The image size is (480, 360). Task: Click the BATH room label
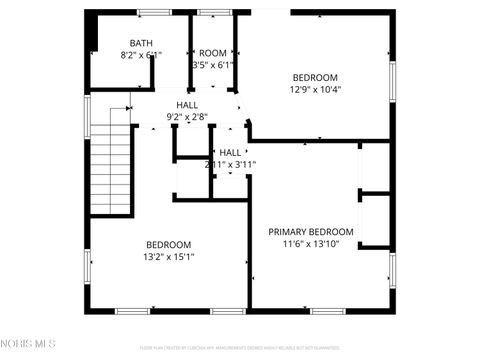click(141, 43)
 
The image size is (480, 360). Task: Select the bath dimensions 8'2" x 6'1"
click(141, 55)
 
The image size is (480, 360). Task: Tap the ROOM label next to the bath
click(213, 53)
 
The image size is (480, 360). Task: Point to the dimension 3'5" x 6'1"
click(213, 65)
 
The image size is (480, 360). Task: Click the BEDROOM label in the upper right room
click(315, 77)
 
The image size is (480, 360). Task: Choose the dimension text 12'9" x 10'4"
click(315, 89)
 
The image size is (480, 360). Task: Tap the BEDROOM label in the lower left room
click(169, 245)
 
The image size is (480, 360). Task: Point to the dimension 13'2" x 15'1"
click(169, 257)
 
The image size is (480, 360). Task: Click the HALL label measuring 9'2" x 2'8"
click(187, 105)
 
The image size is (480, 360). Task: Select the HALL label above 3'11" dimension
click(230, 152)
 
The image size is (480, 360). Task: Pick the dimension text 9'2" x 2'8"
click(187, 117)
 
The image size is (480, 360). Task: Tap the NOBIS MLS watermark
click(29, 344)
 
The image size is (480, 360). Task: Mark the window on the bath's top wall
click(154, 12)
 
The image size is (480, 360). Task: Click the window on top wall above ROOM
click(213, 12)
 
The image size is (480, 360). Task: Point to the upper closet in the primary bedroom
click(375, 166)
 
